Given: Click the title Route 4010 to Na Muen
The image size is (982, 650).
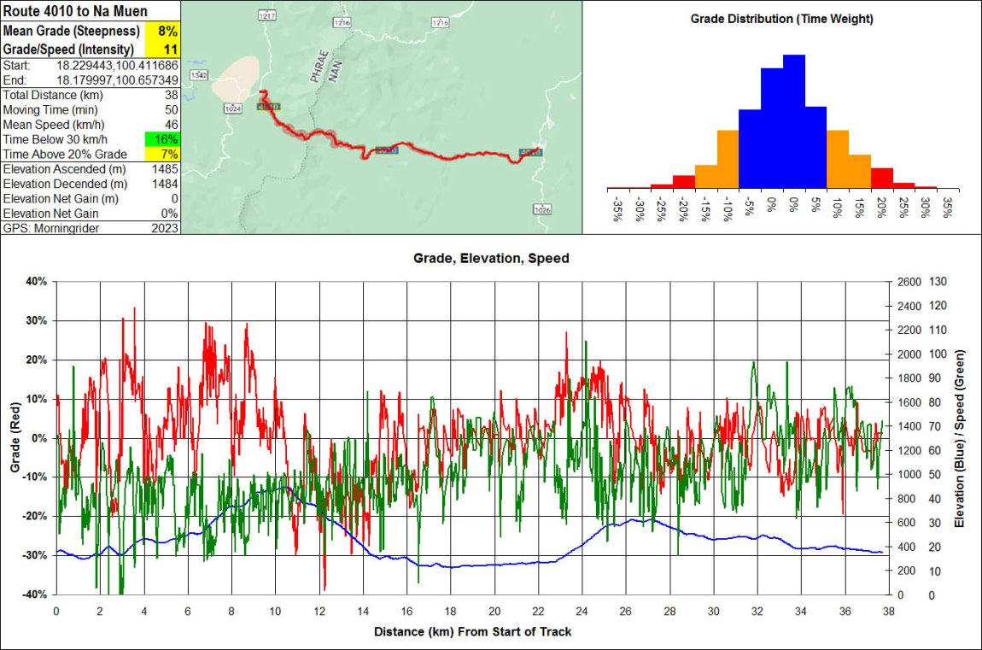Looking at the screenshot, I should pos(75,11).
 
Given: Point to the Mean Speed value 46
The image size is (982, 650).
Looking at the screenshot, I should pos(172,125).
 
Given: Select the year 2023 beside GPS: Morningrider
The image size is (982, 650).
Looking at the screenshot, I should pos(165,228).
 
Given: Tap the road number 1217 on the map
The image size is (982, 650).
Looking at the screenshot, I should pos(267,16).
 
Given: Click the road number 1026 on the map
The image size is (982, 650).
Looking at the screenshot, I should pos(541,209).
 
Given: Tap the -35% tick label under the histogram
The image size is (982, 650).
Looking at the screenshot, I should pos(617,210).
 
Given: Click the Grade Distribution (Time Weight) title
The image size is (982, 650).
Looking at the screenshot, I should pos(781,18).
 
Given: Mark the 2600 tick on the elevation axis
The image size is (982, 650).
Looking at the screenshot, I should pos(909,281).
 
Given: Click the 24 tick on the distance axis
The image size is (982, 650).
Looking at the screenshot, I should pos(582,612).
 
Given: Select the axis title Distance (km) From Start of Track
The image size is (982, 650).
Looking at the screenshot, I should pos(472,632).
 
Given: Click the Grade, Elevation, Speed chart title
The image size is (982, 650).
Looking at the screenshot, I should pos(491,257).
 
